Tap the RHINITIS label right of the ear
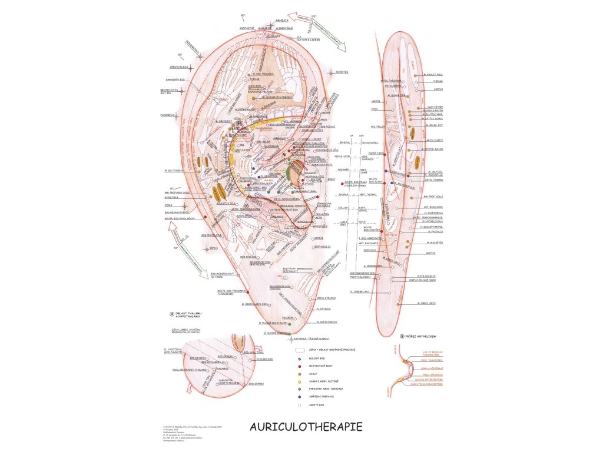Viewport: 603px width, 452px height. coord(342,72)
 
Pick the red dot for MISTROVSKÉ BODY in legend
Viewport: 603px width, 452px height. coord(300,365)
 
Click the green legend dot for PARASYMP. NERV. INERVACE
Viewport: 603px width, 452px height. coord(300,388)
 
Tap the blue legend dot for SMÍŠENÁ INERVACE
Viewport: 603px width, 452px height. coord(300,396)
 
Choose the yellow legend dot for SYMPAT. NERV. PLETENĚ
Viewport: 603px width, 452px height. coord(300,381)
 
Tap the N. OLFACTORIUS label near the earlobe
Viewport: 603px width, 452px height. coord(326,322)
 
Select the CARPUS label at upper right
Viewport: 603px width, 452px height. coord(439,89)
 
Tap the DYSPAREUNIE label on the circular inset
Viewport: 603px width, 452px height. coord(264,358)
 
